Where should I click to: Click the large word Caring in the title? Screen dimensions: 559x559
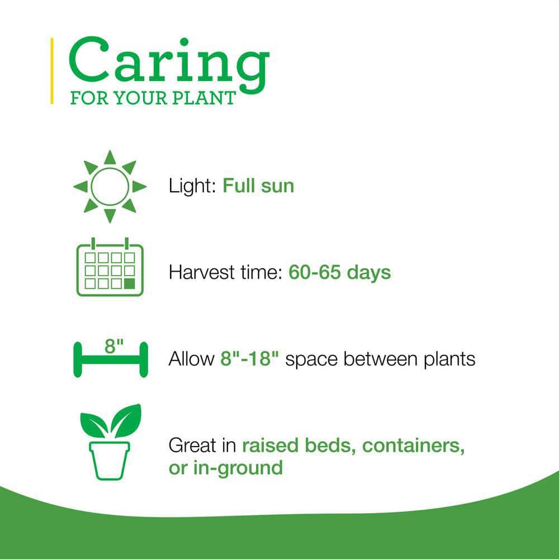point(168,63)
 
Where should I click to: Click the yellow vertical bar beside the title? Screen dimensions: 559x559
point(52,71)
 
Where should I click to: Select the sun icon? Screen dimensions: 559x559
point(110,186)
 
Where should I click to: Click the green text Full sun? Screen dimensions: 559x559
point(258,186)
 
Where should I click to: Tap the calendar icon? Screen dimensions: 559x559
point(110,269)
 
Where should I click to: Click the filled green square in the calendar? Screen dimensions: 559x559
point(130,283)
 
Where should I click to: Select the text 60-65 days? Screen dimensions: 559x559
point(339,272)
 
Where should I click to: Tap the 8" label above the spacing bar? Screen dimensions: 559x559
point(113,345)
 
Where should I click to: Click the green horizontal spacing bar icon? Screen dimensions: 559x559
point(110,360)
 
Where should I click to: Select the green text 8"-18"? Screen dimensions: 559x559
point(249,358)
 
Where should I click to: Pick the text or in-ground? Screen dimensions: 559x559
point(225,467)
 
